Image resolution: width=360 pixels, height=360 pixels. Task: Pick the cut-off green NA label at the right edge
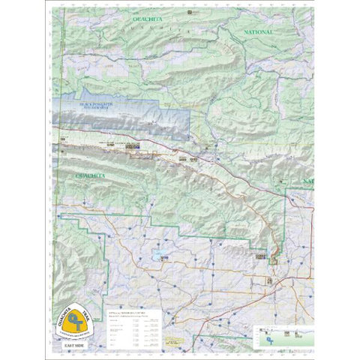click(307, 181)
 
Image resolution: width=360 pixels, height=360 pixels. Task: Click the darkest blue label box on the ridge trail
click(133, 147)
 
